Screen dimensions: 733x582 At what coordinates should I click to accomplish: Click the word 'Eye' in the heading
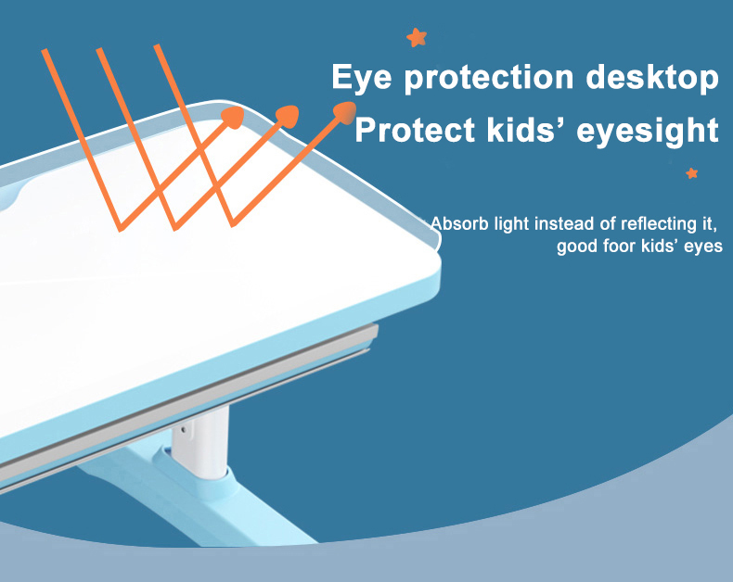click(x=361, y=78)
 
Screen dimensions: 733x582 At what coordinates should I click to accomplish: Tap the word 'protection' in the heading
click(x=488, y=78)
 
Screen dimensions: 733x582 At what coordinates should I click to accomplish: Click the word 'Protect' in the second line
click(x=415, y=130)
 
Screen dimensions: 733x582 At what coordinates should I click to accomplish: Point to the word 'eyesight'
click(x=648, y=132)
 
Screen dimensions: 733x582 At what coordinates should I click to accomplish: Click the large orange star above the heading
click(x=417, y=37)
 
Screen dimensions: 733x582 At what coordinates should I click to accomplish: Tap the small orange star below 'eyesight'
click(x=692, y=173)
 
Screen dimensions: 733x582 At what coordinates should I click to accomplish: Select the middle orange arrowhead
click(x=288, y=116)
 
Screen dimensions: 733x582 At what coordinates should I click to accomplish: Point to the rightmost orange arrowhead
click(x=345, y=113)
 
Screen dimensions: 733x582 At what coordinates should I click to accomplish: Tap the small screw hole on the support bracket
click(x=184, y=429)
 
